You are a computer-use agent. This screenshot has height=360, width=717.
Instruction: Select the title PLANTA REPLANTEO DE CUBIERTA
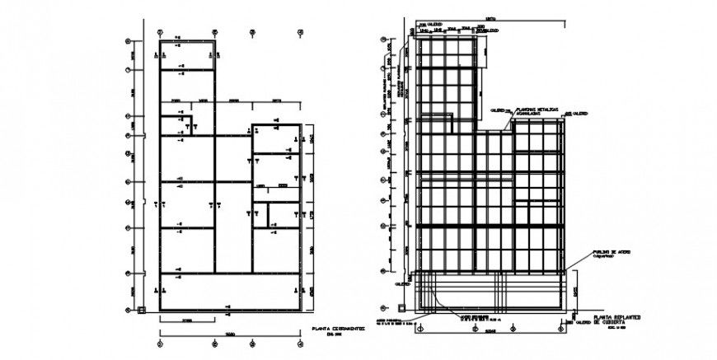[614, 319]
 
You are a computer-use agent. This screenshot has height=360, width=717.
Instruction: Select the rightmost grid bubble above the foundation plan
[300, 34]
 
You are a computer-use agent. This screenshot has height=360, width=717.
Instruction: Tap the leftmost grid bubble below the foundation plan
[159, 344]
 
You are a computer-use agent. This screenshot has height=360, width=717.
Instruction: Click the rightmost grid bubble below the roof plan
[563, 330]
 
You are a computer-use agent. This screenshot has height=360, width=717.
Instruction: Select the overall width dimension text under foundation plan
[230, 334]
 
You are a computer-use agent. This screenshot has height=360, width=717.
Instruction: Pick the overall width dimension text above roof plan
[490, 17]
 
